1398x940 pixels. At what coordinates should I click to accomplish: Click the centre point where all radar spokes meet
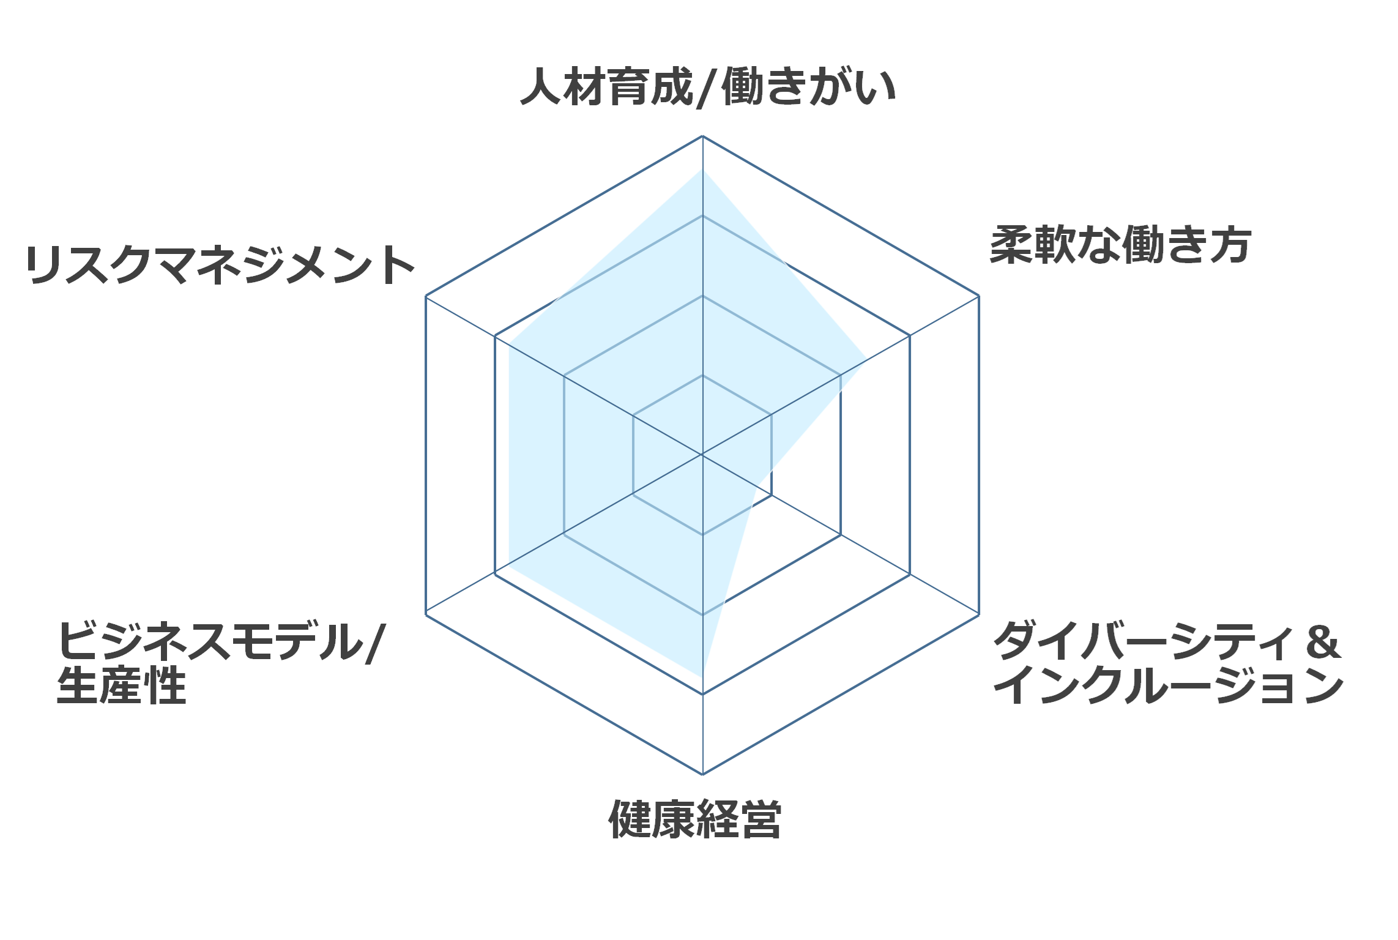(702, 455)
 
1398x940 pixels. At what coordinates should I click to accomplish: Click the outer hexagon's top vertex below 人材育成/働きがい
(702, 136)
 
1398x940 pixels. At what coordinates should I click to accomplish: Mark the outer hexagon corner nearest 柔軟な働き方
(979, 296)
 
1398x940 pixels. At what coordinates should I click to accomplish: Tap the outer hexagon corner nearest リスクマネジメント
(426, 296)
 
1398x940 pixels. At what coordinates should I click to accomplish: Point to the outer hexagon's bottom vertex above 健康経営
(702, 774)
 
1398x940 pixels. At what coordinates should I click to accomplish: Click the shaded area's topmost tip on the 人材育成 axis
(702, 169)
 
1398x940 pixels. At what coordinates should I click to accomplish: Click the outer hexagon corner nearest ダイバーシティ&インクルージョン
(979, 614)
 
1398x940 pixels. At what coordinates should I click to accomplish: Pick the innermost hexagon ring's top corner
(702, 375)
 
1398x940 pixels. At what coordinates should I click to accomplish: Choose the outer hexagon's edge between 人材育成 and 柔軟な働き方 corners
(841, 216)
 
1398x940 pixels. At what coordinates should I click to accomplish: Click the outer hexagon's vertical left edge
(426, 455)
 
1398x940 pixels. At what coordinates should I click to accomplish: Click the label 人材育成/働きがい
(708, 88)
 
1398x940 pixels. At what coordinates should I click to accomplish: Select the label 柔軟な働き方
(1120, 245)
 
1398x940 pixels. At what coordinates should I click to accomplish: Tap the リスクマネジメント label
(220, 264)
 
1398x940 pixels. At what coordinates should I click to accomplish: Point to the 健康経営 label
(695, 818)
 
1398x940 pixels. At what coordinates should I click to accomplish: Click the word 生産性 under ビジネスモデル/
(121, 685)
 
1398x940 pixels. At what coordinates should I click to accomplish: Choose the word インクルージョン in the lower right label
(1169, 685)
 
